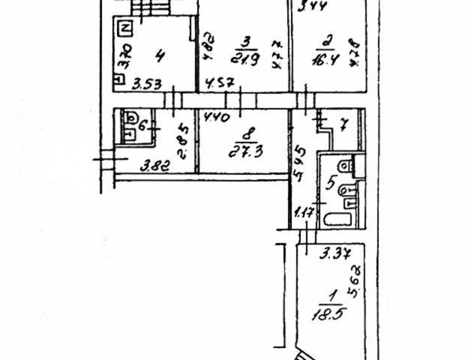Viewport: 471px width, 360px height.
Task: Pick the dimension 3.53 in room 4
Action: tap(147, 84)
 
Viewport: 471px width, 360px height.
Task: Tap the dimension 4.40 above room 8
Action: tap(217, 117)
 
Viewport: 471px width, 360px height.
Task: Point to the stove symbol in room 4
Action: tap(125, 29)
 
